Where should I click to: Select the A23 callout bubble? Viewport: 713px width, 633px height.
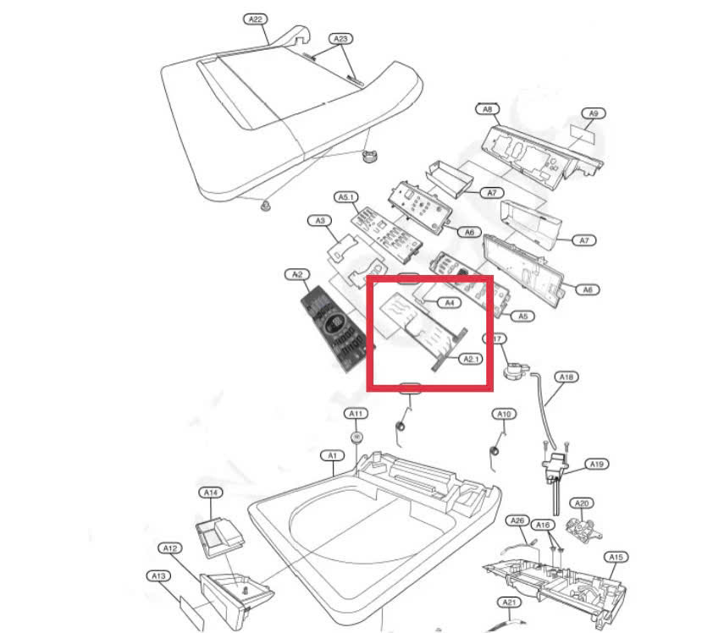coord(340,38)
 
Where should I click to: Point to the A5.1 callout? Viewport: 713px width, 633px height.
coord(346,196)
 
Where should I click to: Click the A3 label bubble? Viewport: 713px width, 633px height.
coord(319,221)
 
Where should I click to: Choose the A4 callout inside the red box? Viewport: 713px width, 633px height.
coord(450,302)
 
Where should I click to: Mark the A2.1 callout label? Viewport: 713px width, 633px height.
coord(471,359)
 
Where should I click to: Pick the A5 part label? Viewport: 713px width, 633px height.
coord(523,316)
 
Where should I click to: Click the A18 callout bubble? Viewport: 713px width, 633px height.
coord(566,377)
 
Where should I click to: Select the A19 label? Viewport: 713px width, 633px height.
coord(597,464)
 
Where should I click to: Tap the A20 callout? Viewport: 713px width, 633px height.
coord(582,504)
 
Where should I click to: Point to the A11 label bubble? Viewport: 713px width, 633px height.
coord(356,413)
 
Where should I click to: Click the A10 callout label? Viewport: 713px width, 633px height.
coord(504,414)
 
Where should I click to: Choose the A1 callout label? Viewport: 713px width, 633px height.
coord(333,455)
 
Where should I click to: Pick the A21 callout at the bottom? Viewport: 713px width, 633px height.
coord(508,603)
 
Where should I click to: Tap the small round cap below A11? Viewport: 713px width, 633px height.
coord(356,437)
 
